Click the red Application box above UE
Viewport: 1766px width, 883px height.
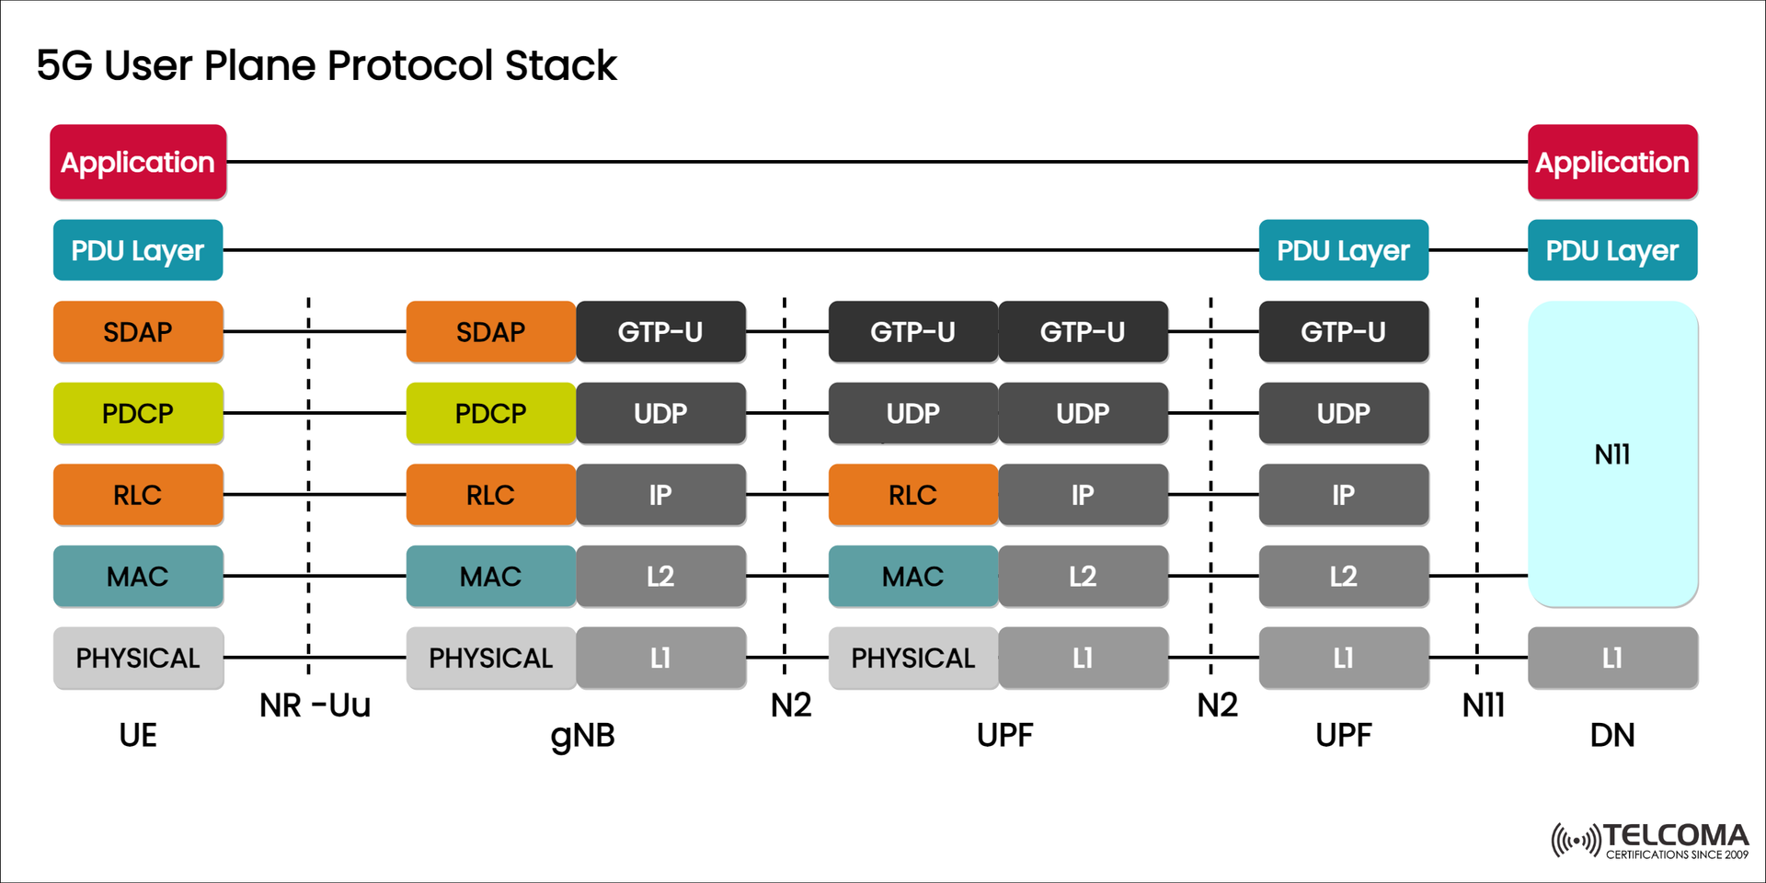138,162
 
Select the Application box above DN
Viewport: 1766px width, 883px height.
1611,162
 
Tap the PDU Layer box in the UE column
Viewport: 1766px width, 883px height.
138,250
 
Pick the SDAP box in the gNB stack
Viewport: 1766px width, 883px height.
490,331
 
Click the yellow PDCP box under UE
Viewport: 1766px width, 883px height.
138,413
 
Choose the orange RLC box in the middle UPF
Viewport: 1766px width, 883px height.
912,495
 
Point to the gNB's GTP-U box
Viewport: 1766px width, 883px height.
660,331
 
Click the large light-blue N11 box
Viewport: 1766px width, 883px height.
1611,453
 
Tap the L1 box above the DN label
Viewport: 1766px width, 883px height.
1611,658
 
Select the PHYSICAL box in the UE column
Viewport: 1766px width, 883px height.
138,658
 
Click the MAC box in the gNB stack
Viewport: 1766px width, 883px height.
490,576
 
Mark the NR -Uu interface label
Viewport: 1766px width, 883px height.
315,705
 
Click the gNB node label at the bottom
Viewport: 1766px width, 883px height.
582,735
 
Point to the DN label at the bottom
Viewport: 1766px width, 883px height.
1611,735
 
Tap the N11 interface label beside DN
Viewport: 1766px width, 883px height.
1483,705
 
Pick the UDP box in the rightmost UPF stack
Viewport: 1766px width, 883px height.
1343,413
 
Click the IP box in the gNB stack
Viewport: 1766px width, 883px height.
660,495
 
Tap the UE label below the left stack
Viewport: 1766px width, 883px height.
138,735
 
